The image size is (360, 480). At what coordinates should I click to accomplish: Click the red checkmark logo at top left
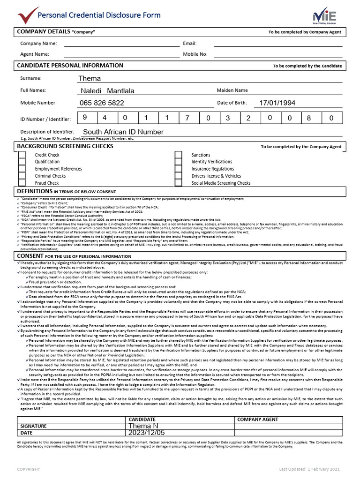pyautogui.click(x=28, y=15)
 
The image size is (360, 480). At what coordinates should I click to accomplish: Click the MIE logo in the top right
pyautogui.click(x=324, y=15)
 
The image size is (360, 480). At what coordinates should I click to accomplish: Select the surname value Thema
pyautogui.click(x=90, y=78)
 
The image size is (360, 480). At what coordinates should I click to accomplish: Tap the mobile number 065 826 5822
pyautogui.click(x=102, y=103)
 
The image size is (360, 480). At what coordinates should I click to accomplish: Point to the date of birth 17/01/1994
pyautogui.click(x=277, y=103)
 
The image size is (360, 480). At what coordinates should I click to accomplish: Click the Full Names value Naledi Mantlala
pyautogui.click(x=107, y=90)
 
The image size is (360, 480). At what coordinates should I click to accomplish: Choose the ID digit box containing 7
pyautogui.click(x=187, y=119)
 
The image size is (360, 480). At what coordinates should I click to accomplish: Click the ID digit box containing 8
pyautogui.click(x=308, y=119)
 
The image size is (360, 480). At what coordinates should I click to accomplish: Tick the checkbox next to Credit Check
pyautogui.click(x=22, y=155)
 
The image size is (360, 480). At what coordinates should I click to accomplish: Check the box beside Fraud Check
pyautogui.click(x=22, y=183)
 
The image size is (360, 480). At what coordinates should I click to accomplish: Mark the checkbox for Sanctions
pyautogui.click(x=178, y=155)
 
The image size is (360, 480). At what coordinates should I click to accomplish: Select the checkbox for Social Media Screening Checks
pyautogui.click(x=178, y=183)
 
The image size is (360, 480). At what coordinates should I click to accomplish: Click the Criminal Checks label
pyautogui.click(x=50, y=176)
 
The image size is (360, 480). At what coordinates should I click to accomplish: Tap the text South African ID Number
pyautogui.click(x=123, y=132)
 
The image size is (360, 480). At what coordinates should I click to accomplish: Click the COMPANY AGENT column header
pyautogui.click(x=258, y=419)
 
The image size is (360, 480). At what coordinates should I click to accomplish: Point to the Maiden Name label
pyautogui.click(x=232, y=90)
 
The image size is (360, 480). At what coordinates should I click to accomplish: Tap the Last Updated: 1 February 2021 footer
pyautogui.click(x=309, y=469)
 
